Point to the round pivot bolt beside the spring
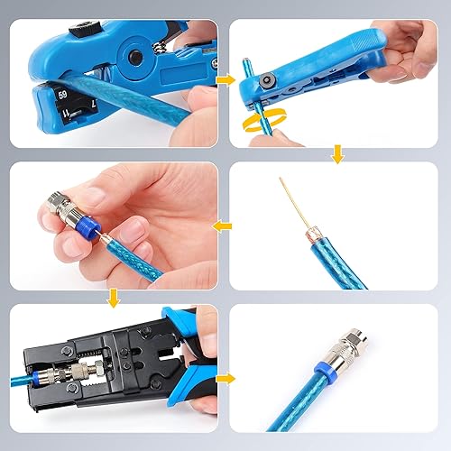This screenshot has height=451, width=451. click(x=135, y=57)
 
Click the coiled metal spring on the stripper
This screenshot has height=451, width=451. click(x=158, y=43)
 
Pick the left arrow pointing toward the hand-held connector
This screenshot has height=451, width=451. click(x=222, y=225)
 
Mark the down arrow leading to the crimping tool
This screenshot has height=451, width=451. click(x=114, y=297)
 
